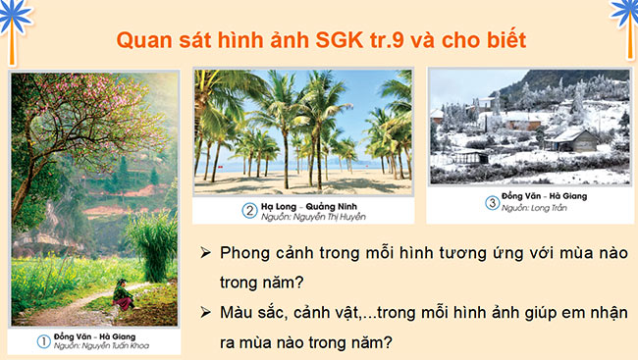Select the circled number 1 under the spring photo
point(42,341)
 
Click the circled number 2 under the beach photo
point(249,209)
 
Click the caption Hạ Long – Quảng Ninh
point(307,205)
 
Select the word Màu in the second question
point(238,311)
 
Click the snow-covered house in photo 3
point(572,139)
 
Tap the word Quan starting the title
point(141,40)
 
